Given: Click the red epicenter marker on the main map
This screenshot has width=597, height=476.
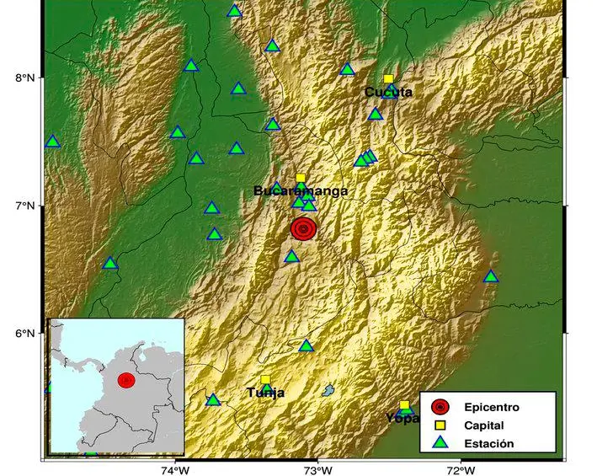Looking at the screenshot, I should point(304,228).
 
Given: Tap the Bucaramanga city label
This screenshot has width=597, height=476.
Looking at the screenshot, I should point(301,191).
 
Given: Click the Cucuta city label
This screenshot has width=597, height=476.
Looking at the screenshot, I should point(388,92).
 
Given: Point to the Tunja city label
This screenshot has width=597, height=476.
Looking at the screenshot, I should point(265,393).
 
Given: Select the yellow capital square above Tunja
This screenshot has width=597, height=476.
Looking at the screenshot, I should point(265,380).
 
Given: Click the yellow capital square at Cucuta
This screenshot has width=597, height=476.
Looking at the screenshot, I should point(388,79).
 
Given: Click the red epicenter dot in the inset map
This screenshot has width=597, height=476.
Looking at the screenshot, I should point(126,381).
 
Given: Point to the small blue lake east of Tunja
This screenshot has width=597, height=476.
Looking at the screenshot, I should point(328,390).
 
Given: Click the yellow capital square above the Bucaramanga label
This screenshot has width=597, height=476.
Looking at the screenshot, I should point(301,178).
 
